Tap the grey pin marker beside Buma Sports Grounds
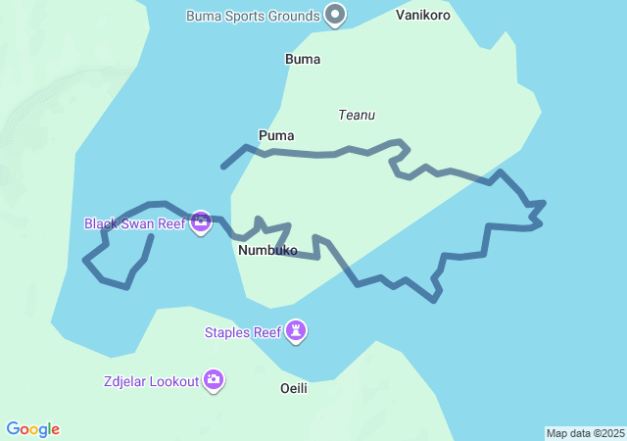tap(336, 15)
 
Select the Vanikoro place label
tap(423, 15)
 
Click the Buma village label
tap(303, 59)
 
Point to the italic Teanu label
tap(357, 115)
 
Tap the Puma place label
tap(276, 135)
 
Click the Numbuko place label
tap(267, 251)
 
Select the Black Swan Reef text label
tap(134, 223)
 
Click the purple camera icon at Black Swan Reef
tap(201, 223)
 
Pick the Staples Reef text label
tap(243, 332)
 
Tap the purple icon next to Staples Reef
tap(297, 332)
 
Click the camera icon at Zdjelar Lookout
tap(214, 380)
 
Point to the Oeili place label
tap(294, 389)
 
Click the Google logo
tap(32, 429)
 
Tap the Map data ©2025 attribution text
tap(585, 433)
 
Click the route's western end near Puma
tap(224, 167)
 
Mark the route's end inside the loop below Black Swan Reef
tap(151, 236)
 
